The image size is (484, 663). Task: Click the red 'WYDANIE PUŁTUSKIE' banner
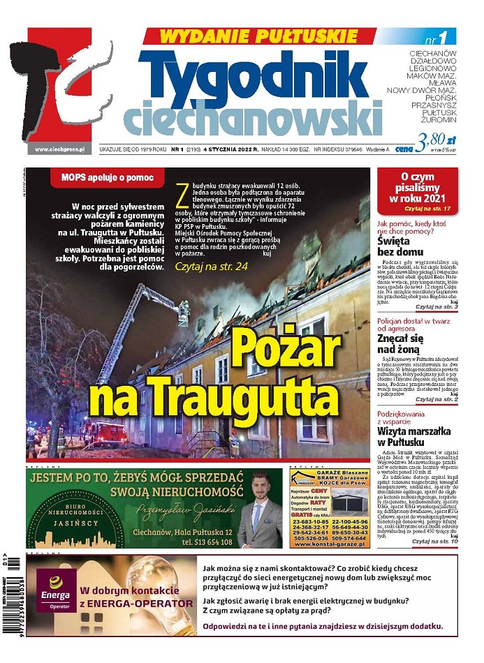[250, 36]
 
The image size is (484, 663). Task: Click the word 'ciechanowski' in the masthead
[253, 117]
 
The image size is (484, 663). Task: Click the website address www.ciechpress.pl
[59, 149]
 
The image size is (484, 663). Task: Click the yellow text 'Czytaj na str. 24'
[211, 267]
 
